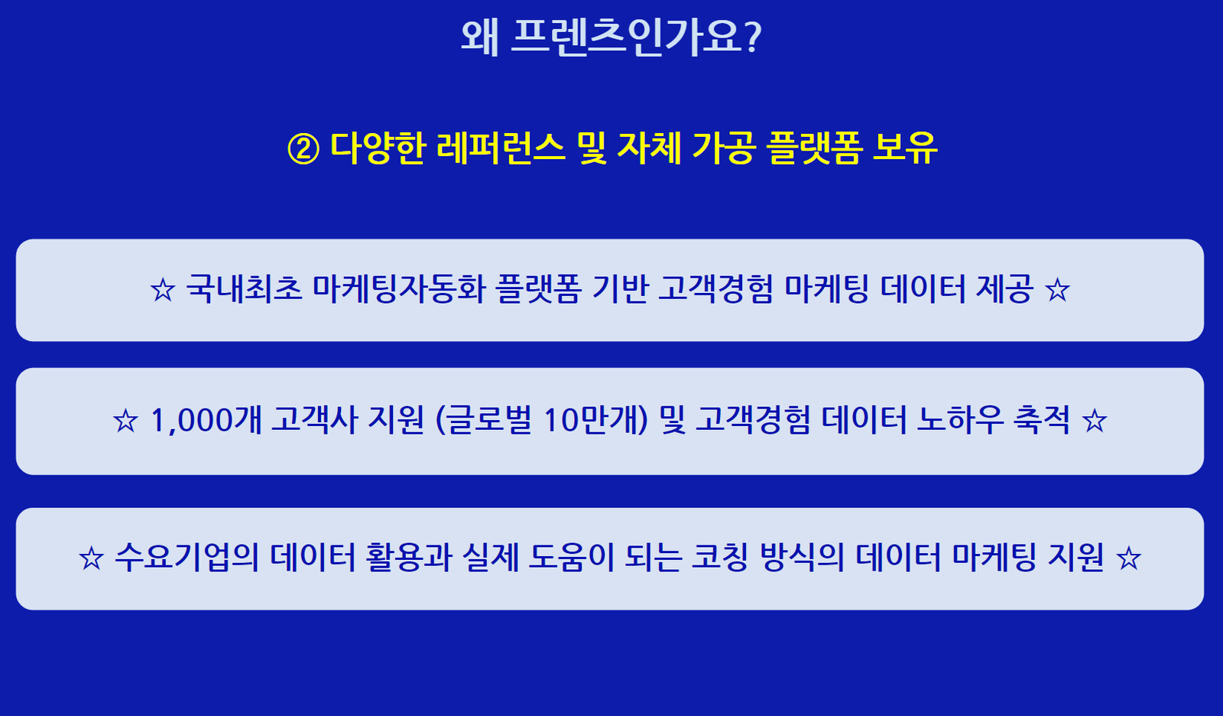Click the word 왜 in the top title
480,37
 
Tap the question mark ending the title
753,37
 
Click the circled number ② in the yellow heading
303,149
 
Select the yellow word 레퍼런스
501,148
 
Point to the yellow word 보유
905,148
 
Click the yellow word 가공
724,148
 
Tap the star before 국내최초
163,290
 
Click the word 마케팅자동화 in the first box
398,288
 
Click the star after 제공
1058,290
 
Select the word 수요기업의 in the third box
187,558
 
